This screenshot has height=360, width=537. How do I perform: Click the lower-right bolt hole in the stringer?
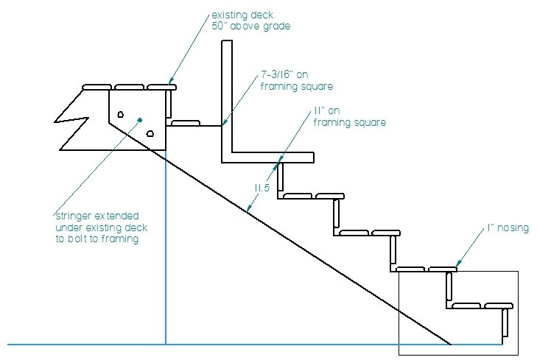(x=150, y=133)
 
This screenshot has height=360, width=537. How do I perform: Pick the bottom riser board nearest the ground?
(x=505, y=325)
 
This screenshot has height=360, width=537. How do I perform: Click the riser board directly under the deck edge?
(x=169, y=105)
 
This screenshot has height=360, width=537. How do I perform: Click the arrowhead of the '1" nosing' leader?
(x=457, y=265)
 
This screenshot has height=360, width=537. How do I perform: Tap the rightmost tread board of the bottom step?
(x=498, y=305)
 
